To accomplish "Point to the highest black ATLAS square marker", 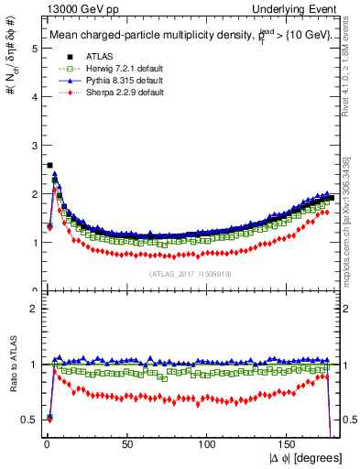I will click(x=49, y=166).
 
